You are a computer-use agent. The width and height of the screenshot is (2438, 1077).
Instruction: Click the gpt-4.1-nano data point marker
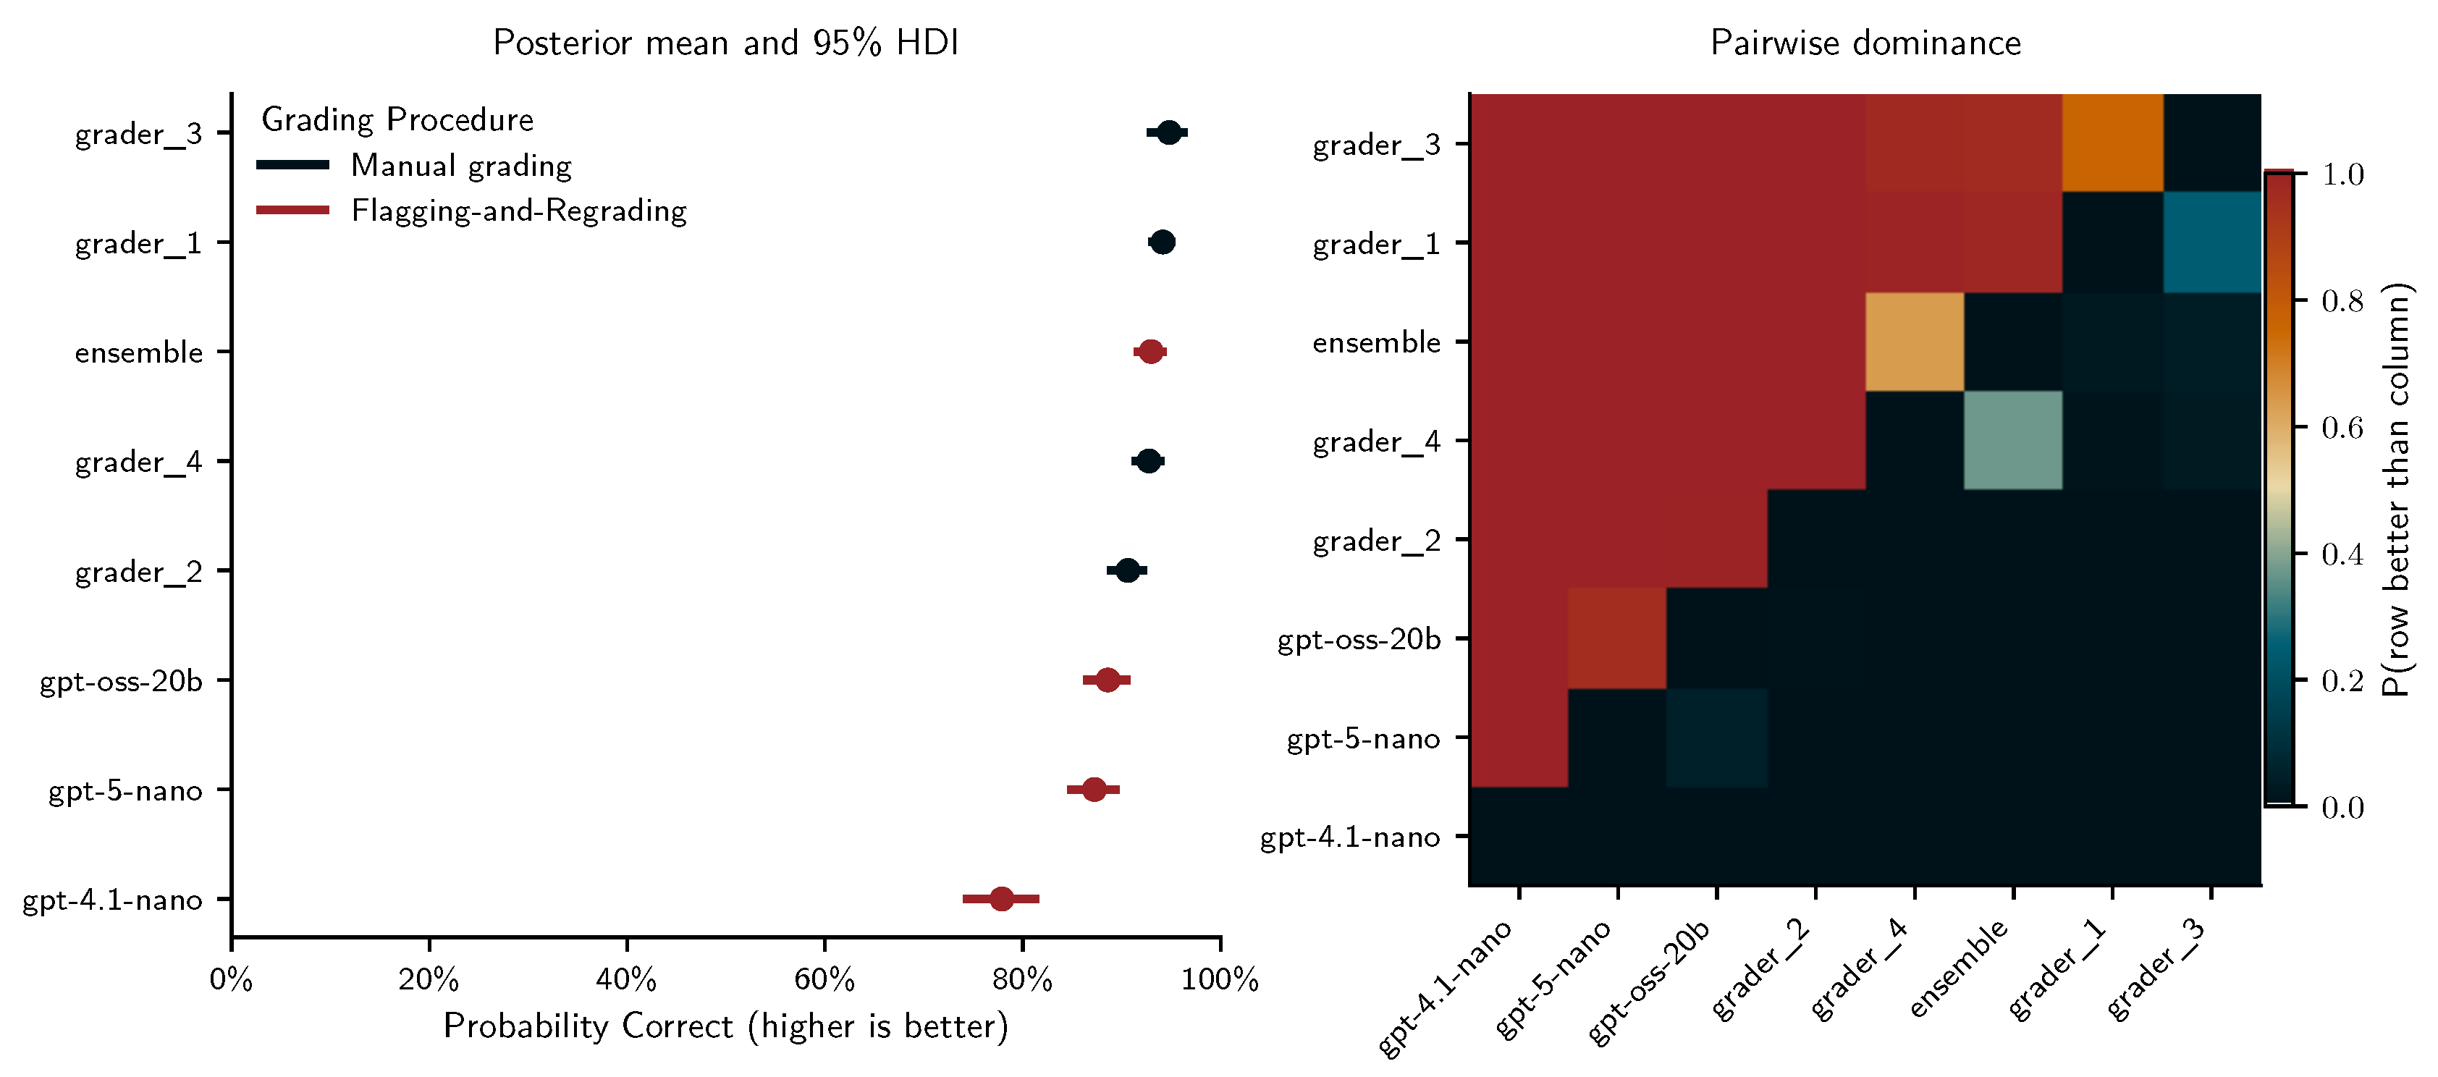coord(1001,898)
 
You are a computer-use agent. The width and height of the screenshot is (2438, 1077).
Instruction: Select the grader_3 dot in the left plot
coord(1169,132)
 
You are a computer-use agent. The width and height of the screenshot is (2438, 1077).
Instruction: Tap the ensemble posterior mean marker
coord(1150,352)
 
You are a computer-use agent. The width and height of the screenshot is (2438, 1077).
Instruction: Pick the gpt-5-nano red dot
coord(1093,790)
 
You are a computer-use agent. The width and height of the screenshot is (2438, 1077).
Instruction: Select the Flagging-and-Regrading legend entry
coord(518,210)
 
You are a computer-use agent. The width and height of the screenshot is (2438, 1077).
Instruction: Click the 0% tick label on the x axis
coord(231,979)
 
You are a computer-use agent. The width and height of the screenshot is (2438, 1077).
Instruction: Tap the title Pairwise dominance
coord(1865,43)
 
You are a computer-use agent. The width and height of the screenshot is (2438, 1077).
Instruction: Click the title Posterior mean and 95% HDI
coord(726,43)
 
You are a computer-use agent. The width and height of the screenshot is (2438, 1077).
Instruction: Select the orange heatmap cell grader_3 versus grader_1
coord(2112,142)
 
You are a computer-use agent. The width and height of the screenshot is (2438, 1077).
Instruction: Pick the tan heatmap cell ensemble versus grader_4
coord(1915,342)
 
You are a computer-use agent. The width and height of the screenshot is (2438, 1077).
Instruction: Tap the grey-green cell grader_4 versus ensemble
coord(2013,440)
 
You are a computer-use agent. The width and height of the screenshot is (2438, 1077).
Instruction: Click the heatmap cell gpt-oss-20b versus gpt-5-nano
coord(1616,638)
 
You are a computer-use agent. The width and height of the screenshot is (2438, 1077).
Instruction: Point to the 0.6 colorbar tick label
coord(2342,428)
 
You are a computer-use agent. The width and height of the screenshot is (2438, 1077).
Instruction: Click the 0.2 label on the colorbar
coord(2342,680)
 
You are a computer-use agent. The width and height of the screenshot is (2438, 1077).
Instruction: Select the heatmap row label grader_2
coord(1376,541)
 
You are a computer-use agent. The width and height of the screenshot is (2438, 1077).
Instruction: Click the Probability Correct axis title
coord(726,1026)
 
